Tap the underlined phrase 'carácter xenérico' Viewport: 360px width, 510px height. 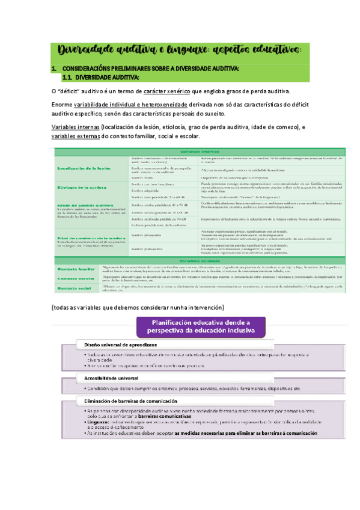162,91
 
